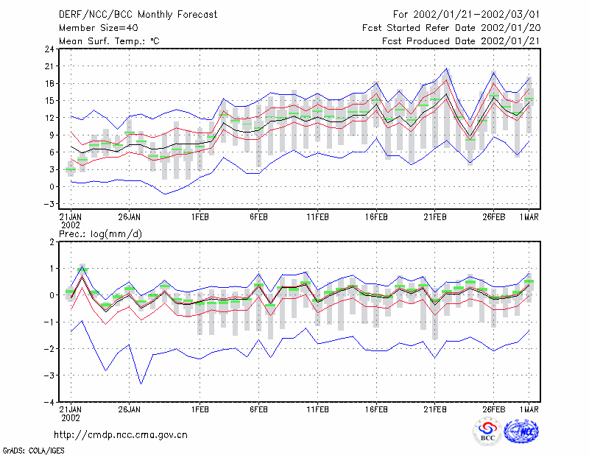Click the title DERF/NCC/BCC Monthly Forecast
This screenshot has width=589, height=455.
138,15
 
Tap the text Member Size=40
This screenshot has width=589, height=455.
99,28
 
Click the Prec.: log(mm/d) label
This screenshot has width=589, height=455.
100,234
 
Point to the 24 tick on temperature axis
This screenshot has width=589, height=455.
49,49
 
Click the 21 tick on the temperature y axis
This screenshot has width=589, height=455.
49,66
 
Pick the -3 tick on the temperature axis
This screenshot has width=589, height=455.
49,204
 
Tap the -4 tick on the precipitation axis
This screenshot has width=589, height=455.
49,402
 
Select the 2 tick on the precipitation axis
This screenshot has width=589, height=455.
52,241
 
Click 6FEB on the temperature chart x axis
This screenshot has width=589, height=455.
258,217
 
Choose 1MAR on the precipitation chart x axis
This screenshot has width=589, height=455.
529,409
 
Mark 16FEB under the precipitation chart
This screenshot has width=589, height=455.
376,409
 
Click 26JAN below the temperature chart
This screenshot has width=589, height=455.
130,217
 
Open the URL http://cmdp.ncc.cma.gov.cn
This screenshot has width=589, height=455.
121,435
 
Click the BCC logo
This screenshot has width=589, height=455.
487,431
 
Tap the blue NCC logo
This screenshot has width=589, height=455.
521,431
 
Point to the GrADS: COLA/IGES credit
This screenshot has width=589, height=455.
33,451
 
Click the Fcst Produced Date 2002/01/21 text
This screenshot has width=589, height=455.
461,41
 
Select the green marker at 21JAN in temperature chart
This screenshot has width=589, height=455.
71,169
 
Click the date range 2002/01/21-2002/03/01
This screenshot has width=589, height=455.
476,15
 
